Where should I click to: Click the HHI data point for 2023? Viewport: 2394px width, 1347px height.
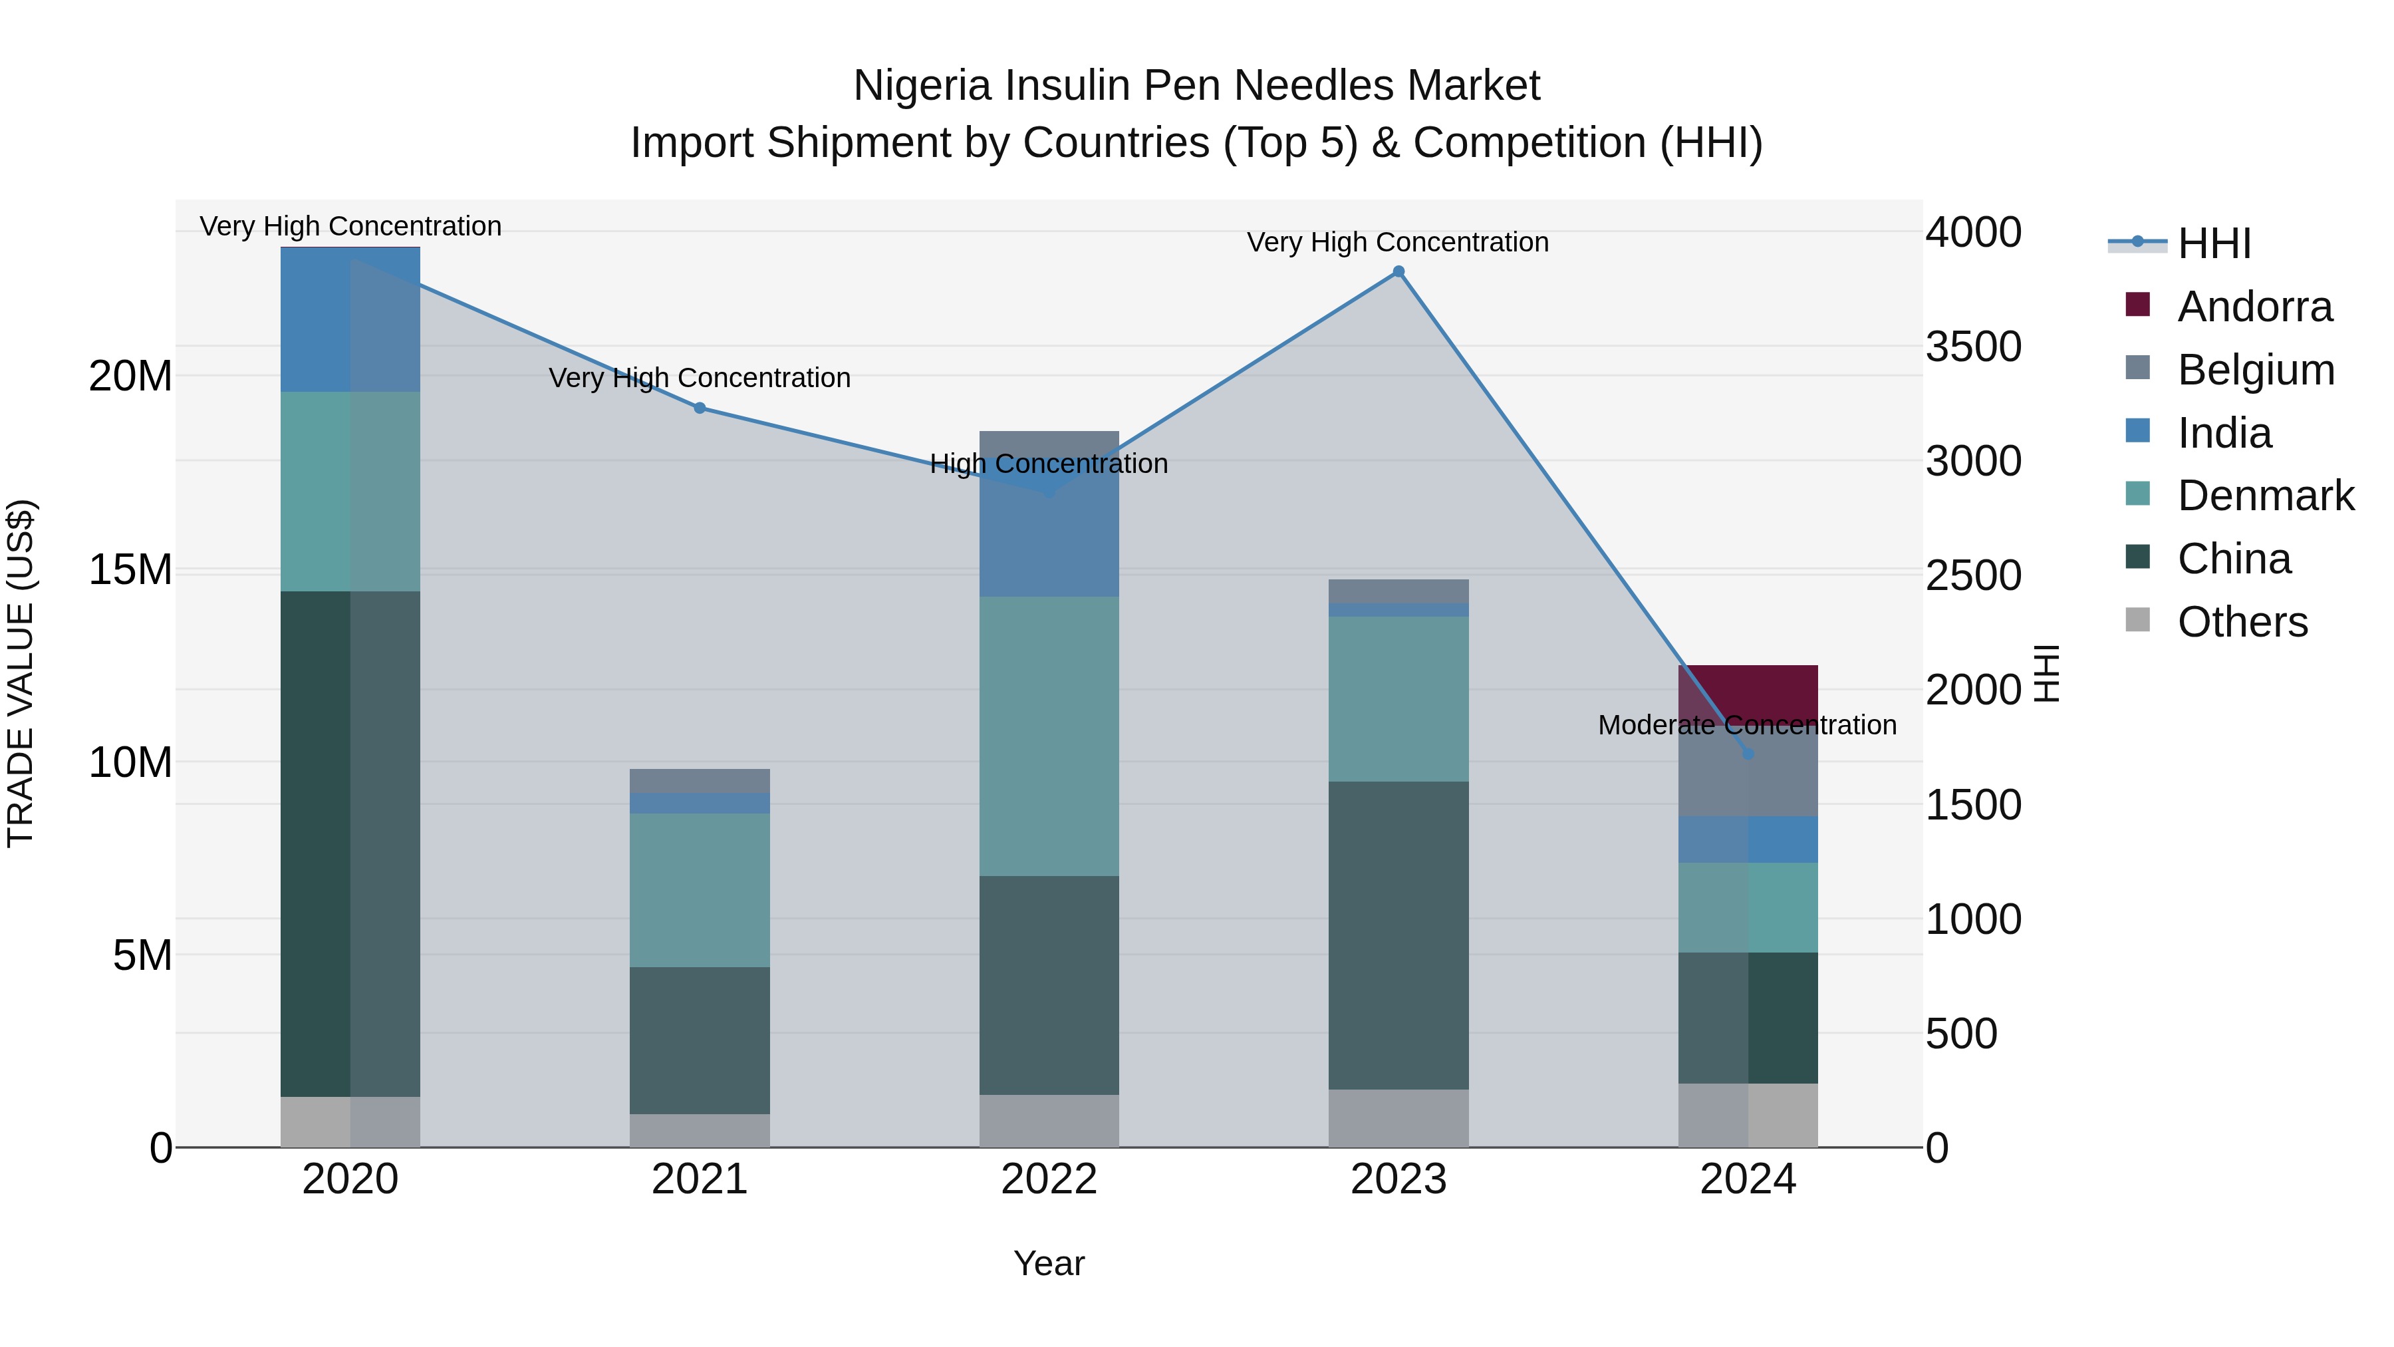[1398, 271]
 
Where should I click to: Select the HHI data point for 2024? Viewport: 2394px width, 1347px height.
[1747, 753]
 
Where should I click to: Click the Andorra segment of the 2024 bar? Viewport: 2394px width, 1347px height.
[1747, 692]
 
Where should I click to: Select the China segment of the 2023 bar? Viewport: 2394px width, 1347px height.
[1398, 935]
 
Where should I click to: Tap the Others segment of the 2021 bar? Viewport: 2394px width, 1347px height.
[700, 1129]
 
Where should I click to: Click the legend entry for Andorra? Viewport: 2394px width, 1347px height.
[2254, 307]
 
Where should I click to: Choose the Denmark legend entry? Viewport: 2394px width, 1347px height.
[2265, 496]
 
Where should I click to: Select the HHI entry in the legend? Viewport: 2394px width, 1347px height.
[2214, 243]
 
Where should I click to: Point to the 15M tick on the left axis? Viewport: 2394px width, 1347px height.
[130, 569]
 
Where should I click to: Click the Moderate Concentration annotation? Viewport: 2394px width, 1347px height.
[1747, 725]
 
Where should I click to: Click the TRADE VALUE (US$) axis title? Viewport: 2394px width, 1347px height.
[21, 673]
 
